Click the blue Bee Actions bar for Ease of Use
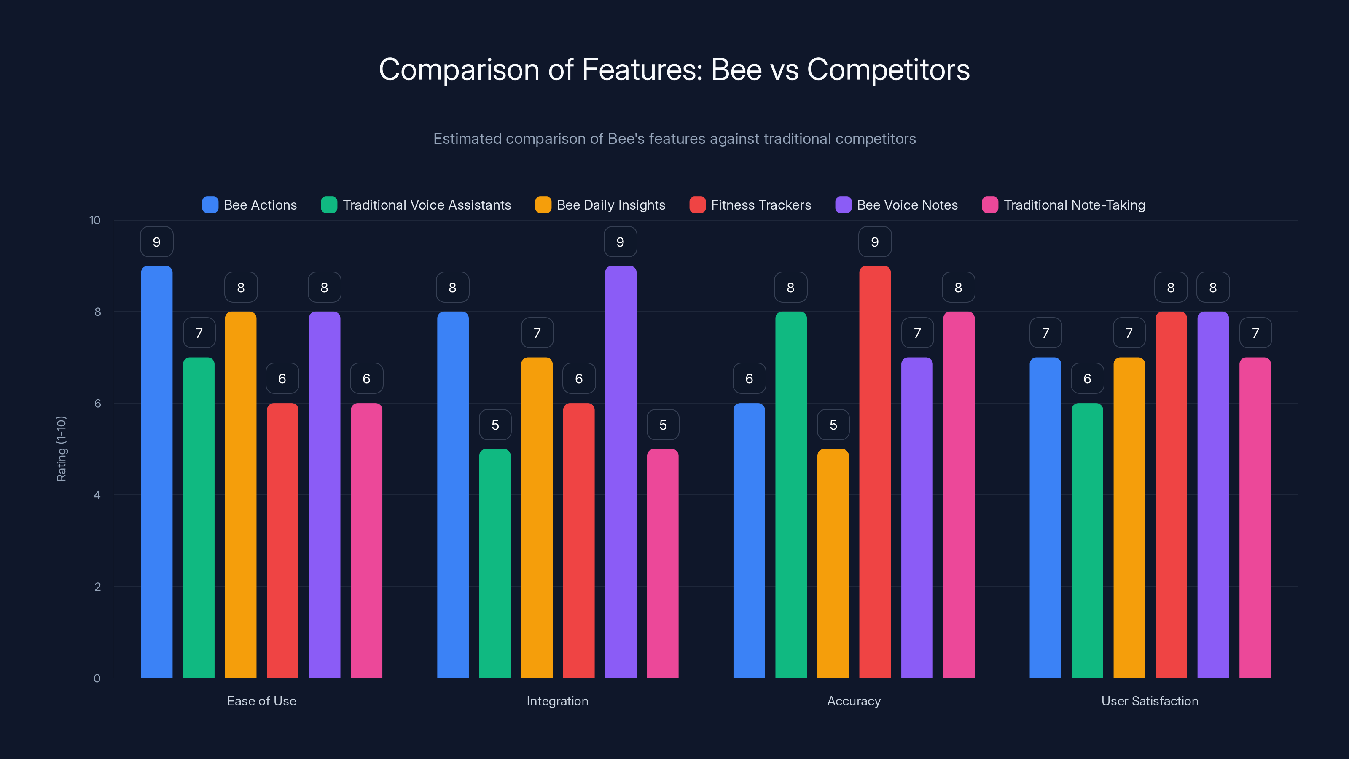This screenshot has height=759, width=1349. pos(156,471)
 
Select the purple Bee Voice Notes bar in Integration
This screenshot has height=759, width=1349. pos(621,471)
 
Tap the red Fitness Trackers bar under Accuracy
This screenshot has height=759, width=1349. pos(875,471)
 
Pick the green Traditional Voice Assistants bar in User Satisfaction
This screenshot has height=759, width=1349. pos(1087,540)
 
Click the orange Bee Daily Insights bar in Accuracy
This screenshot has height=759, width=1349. pos(833,563)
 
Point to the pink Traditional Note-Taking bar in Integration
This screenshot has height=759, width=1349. pos(662,563)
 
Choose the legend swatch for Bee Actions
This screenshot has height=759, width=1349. pos(210,205)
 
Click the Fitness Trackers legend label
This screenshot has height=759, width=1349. pos(760,205)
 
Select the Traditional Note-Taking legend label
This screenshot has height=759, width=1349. pos(1074,205)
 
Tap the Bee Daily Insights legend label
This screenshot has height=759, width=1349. pos(610,205)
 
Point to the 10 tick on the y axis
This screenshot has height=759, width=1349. pos(95,220)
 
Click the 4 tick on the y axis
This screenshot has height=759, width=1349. pos(97,495)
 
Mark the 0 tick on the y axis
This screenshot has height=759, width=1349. pos(97,678)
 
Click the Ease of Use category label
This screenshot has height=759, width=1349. pos(261,701)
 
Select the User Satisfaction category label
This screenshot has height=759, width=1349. pos(1150,701)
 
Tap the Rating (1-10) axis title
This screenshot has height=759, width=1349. pos(61,448)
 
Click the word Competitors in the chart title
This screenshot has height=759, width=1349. pos(888,70)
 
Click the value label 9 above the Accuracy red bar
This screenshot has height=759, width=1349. pos(875,242)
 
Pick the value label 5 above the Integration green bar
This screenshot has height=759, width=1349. pos(495,425)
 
